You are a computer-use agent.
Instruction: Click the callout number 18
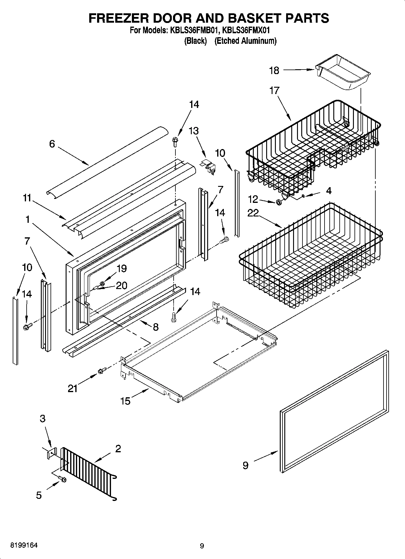[x=274, y=70]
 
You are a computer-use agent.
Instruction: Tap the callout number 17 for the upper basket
[x=274, y=90]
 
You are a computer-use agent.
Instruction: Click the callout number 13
[x=194, y=131]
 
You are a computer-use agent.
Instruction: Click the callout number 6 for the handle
[x=52, y=144]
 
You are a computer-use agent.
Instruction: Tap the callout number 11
[x=27, y=198]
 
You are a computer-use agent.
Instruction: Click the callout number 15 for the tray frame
[x=125, y=401]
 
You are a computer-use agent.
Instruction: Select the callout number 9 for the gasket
[x=245, y=465]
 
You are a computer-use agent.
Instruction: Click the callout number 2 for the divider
[x=118, y=448]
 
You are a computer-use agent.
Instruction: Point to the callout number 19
[x=122, y=268]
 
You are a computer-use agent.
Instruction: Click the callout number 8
[x=155, y=327]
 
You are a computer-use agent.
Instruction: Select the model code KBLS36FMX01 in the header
[x=246, y=30]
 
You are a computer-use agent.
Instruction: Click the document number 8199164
[x=24, y=546]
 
